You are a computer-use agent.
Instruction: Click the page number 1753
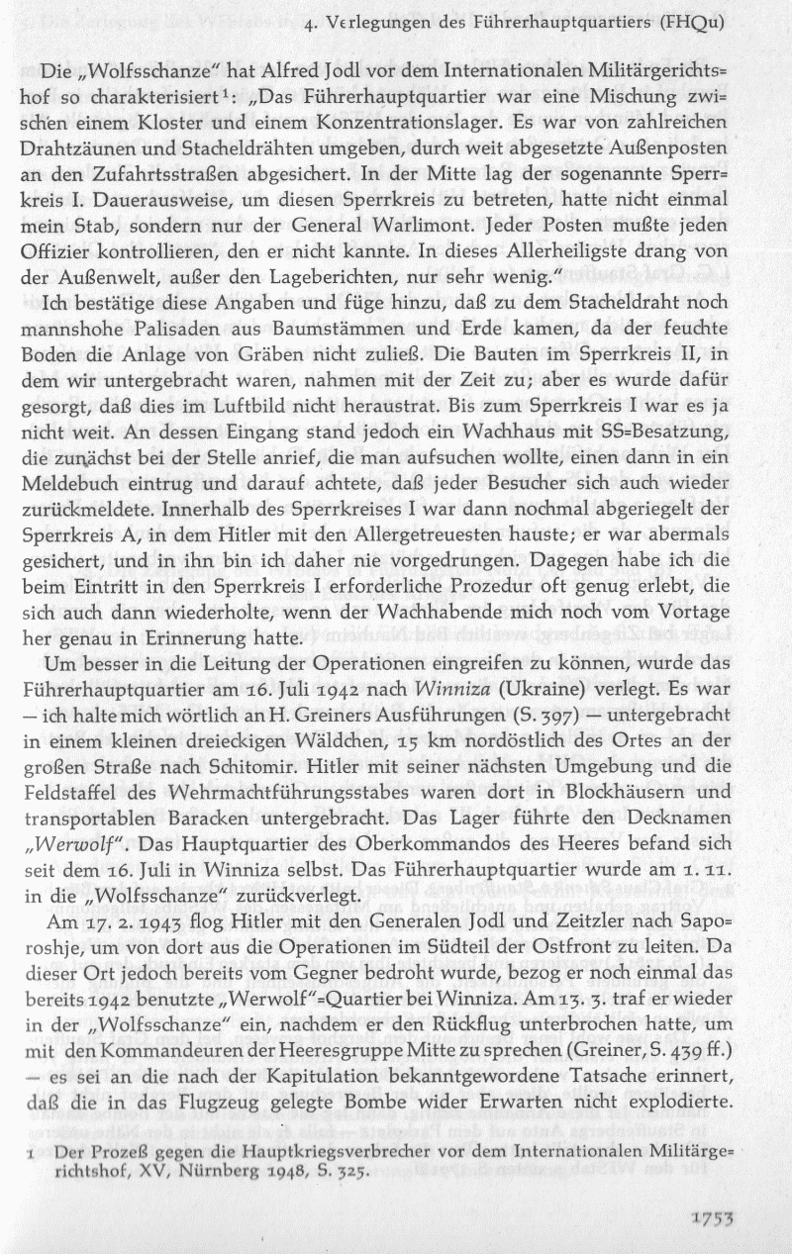(735, 1221)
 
